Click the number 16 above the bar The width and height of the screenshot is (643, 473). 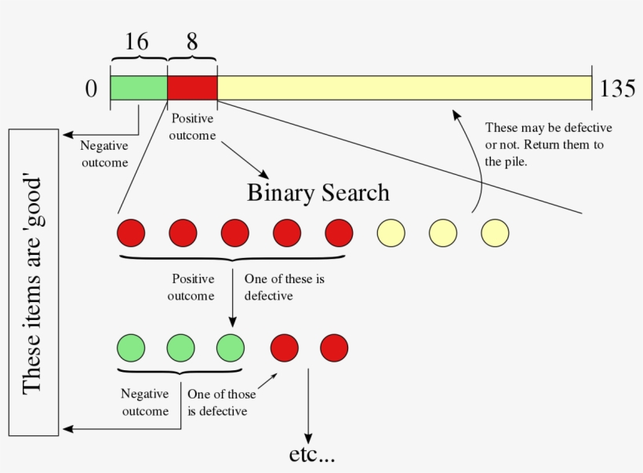tap(136, 42)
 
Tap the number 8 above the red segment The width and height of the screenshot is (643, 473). tap(192, 42)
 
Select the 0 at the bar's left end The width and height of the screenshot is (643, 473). tap(92, 89)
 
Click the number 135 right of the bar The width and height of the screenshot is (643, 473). tap(617, 89)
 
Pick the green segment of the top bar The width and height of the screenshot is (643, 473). tap(139, 88)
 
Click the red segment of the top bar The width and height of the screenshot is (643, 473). tap(192, 88)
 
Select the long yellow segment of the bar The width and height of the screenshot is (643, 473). tap(404, 88)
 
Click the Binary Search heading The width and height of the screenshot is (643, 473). tap(318, 192)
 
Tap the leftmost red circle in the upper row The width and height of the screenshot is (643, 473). tap(131, 233)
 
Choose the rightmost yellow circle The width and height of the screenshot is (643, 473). tap(496, 233)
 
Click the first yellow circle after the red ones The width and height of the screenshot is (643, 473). tap(391, 233)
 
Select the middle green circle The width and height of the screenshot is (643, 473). tap(180, 347)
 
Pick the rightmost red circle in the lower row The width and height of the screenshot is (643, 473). tap(334, 347)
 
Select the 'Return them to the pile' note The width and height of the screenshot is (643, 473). tap(548, 144)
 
